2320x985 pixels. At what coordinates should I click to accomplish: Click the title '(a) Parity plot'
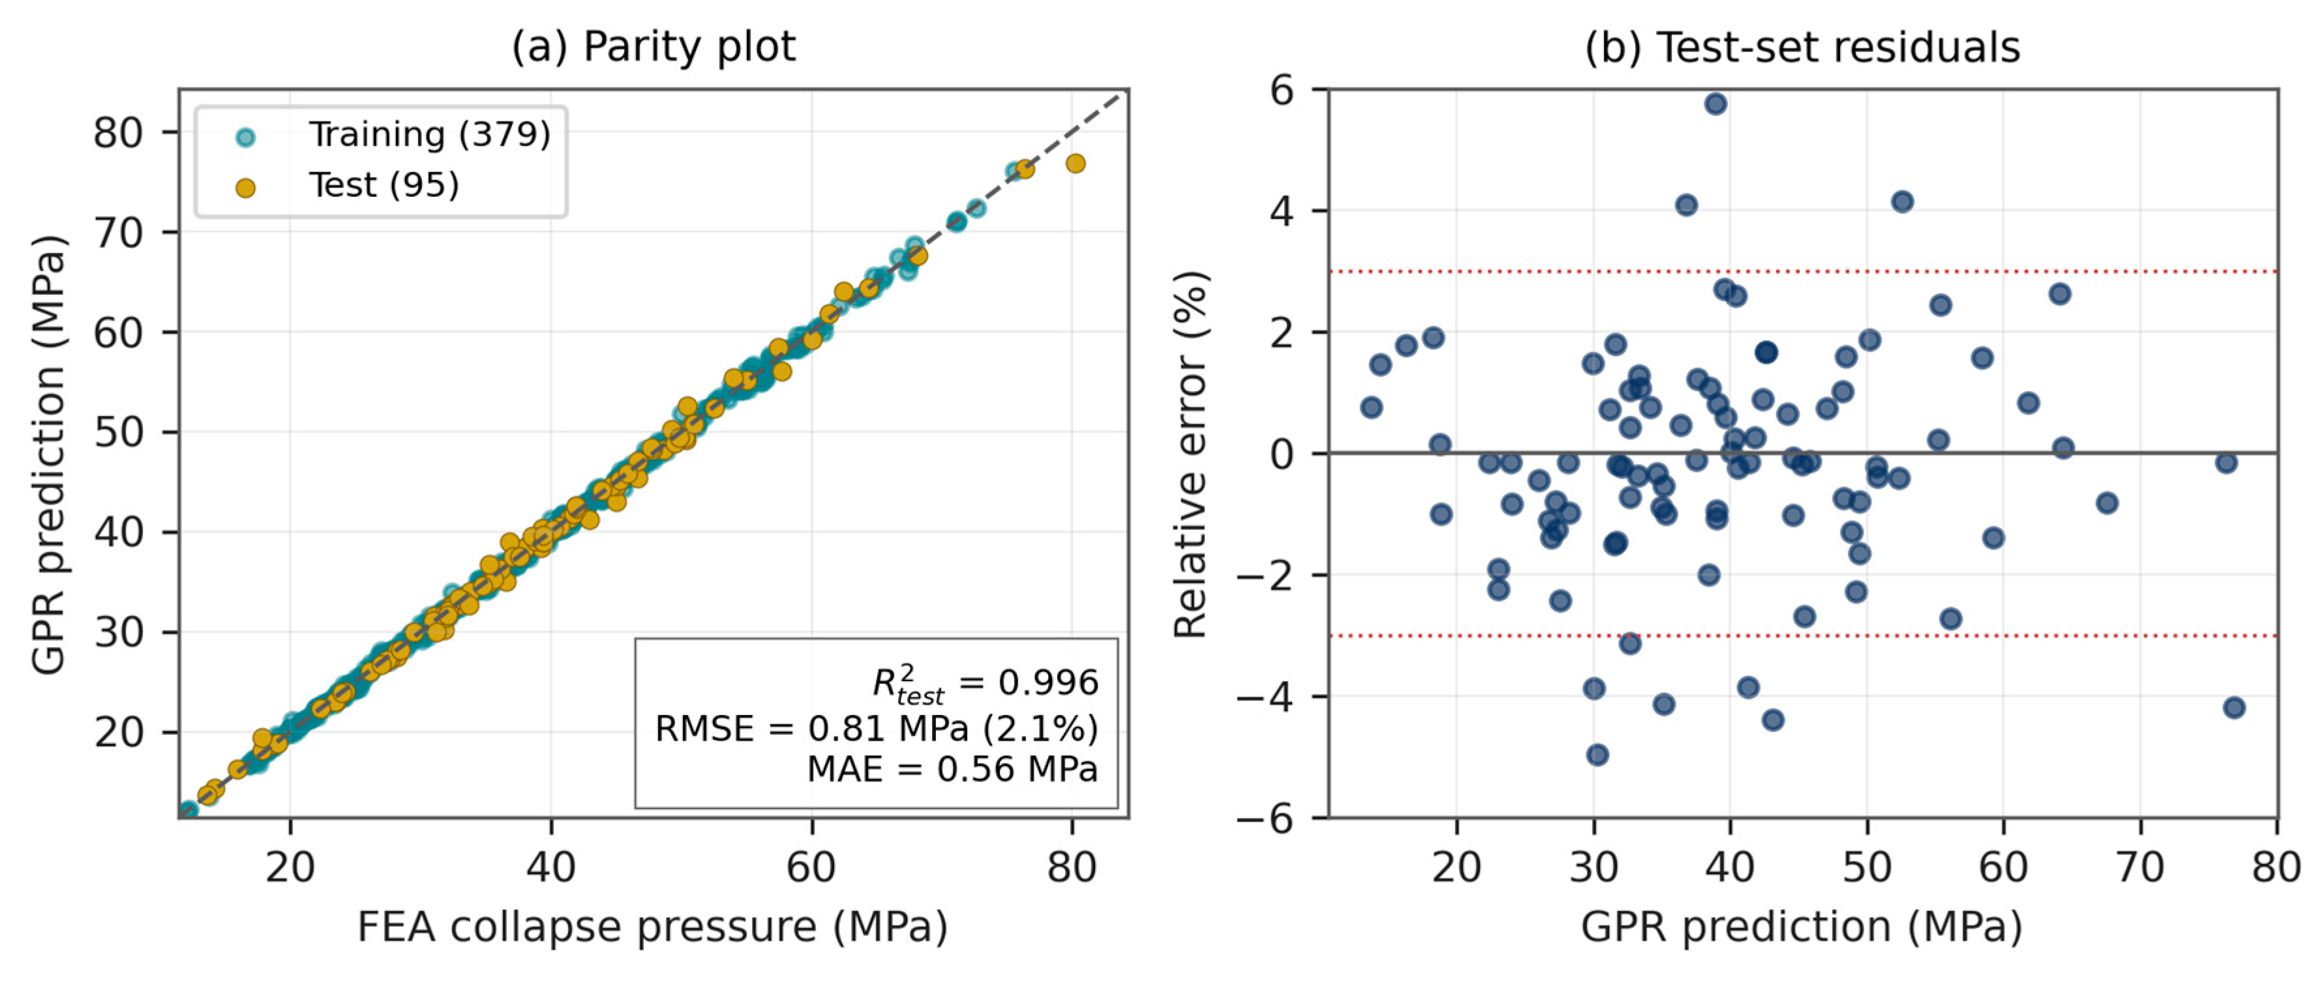click(x=653, y=47)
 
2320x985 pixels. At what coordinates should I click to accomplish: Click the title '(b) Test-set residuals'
click(x=1802, y=47)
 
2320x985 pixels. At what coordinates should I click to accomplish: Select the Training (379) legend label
click(x=430, y=134)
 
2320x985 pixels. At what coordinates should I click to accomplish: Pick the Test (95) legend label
click(x=384, y=186)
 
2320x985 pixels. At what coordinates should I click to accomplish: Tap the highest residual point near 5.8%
click(x=1715, y=104)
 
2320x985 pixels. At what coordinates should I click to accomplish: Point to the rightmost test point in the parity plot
click(x=1076, y=163)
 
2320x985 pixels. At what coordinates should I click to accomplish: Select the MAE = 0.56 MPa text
click(x=952, y=769)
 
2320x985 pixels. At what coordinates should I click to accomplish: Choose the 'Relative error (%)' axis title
click(x=1190, y=454)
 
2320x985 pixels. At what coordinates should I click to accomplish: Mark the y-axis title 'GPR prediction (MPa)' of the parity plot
click(x=49, y=454)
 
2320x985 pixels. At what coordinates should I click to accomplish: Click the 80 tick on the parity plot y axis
click(x=119, y=133)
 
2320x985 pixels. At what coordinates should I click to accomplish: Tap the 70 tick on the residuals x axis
click(x=2140, y=867)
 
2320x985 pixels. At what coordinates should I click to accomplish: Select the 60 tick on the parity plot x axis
click(x=811, y=867)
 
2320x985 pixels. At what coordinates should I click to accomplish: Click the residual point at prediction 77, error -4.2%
click(x=2233, y=708)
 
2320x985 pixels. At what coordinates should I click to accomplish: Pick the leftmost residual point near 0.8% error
click(x=1372, y=408)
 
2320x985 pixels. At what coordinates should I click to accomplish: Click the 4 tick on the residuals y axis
click(x=1282, y=212)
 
